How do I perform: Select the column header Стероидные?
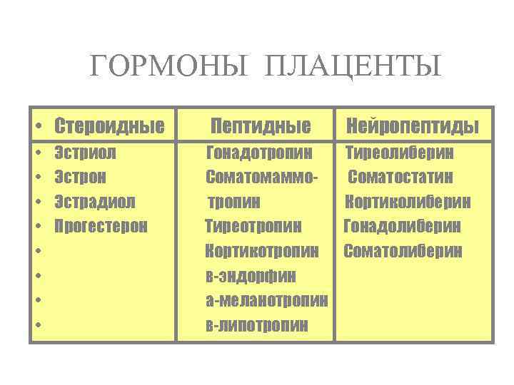coord(109,126)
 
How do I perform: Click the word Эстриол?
coord(86,152)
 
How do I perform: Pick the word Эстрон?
coord(81,177)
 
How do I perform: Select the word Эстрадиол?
coord(95,202)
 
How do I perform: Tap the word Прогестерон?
coord(101,227)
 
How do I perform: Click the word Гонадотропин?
coord(259,152)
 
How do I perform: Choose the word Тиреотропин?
coord(253,227)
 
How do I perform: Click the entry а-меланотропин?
coord(266,301)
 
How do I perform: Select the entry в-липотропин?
coord(257,326)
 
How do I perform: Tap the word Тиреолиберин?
coord(400,152)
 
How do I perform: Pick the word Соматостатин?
coord(401,177)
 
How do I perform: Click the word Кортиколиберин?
coord(408,202)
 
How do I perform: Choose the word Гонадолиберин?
coord(403,227)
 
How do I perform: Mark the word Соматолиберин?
coord(403,251)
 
